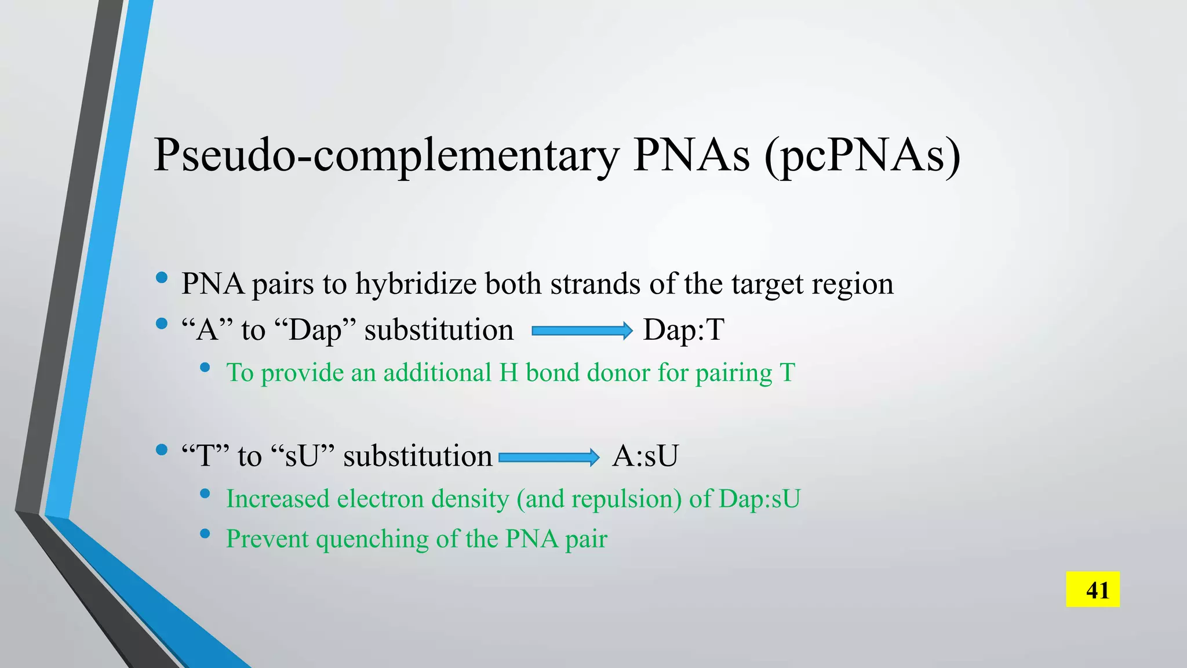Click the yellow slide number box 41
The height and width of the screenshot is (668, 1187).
pos(1093,590)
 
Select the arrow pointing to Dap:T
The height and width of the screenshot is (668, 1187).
pos(582,331)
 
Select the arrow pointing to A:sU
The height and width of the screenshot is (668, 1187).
pos(548,458)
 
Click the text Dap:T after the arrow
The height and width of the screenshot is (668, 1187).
pos(683,331)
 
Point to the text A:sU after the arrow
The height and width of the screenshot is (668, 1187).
pos(645,456)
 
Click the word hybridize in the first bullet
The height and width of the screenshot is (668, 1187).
pos(416,284)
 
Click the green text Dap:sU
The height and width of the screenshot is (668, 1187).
pos(759,499)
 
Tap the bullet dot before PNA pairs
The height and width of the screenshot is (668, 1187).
pos(162,278)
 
